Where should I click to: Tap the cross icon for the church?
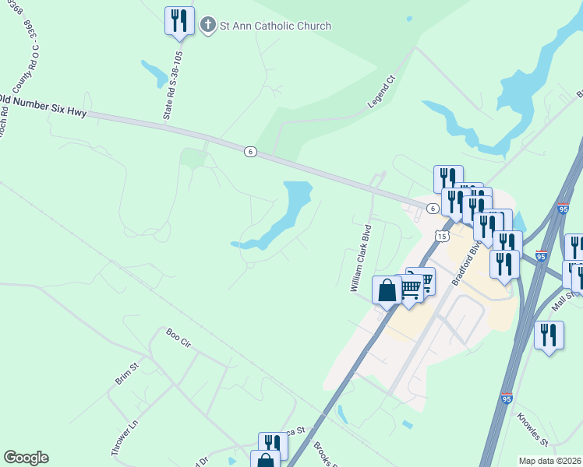(x=208, y=26)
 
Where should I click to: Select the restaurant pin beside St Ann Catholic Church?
(x=179, y=21)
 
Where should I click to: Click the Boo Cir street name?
(x=178, y=338)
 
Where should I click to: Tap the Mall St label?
(x=567, y=299)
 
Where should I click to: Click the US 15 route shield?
(x=442, y=236)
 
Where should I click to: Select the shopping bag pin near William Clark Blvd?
(x=387, y=291)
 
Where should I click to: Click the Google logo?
(x=26, y=458)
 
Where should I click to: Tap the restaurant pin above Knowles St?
(x=549, y=335)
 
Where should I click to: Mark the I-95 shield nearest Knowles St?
(x=507, y=399)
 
